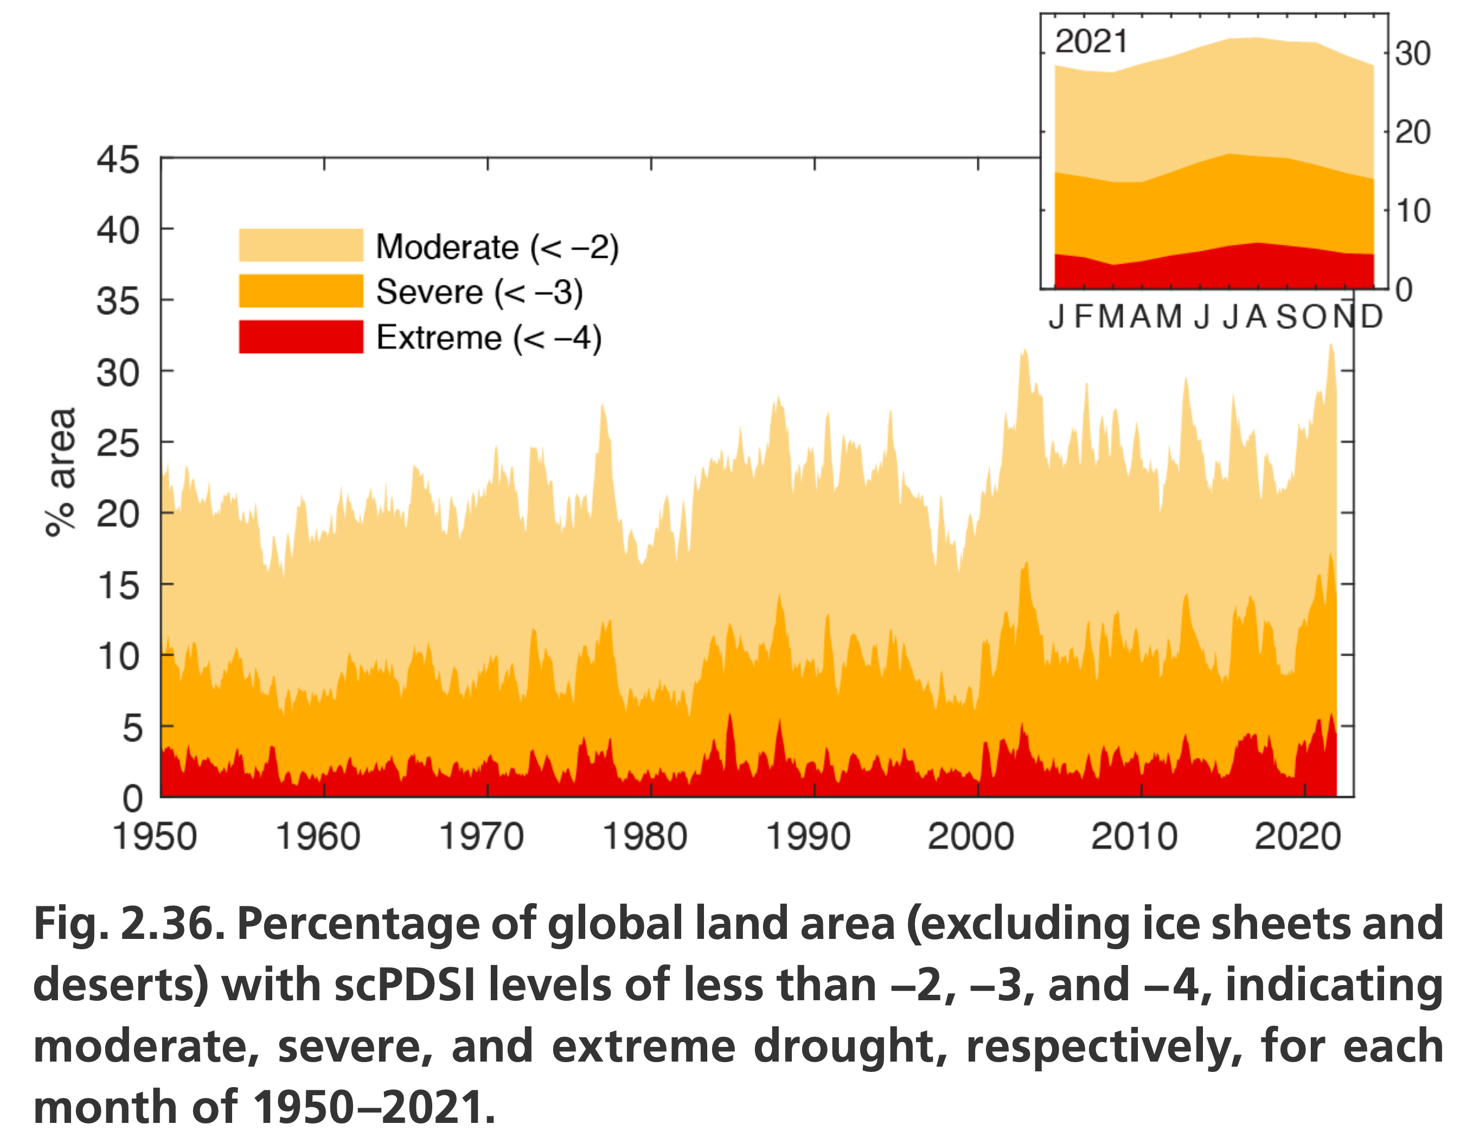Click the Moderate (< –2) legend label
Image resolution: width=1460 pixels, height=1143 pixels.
tap(497, 247)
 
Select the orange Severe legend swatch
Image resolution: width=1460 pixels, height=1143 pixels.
tap(301, 291)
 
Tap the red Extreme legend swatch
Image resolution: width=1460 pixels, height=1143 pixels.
tap(301, 336)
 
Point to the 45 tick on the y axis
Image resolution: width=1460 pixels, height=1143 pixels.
tap(118, 160)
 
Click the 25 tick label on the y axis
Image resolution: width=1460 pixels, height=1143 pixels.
tap(118, 443)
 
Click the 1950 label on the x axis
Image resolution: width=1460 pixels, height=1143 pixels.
tap(155, 837)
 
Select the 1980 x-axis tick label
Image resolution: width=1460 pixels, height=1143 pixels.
tap(645, 837)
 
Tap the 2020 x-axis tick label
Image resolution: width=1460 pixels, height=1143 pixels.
tap(1297, 837)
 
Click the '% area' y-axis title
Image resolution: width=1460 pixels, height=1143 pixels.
tap(61, 472)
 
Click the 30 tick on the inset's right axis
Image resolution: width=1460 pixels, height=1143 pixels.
tap(1412, 54)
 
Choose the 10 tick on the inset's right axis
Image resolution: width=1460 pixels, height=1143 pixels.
tap(1412, 212)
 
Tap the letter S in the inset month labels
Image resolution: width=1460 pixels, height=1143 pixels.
tap(1288, 316)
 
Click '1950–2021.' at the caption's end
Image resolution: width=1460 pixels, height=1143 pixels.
tap(375, 1108)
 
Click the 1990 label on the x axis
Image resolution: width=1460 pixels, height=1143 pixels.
tap(808, 837)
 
